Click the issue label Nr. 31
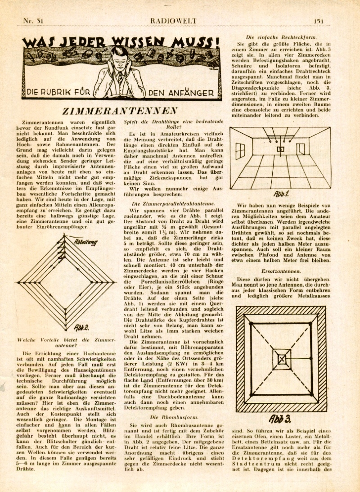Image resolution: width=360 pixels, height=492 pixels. tap(33, 21)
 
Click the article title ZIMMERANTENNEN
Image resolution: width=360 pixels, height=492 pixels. tap(120, 111)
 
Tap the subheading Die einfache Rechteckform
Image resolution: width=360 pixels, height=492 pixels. tap(281, 36)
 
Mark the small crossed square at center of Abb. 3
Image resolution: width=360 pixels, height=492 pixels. tap(281, 359)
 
